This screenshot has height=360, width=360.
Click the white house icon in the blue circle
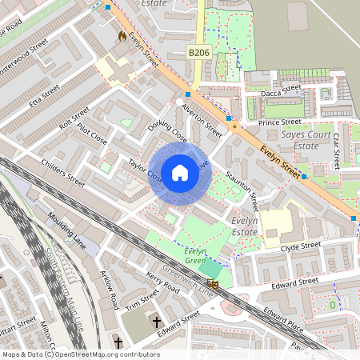tap(180, 173)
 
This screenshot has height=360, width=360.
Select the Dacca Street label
tap(280, 93)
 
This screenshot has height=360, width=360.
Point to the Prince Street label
tap(280, 122)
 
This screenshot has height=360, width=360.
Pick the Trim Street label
tap(142, 302)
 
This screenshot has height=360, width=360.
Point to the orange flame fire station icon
tap(122, 36)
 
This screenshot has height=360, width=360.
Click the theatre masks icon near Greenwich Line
tap(213, 283)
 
